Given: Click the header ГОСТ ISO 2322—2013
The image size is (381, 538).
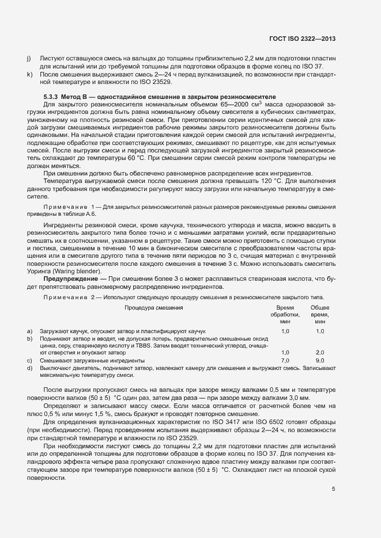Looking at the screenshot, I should pos(302,39).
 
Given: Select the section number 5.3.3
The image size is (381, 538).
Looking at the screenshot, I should pos(53,96).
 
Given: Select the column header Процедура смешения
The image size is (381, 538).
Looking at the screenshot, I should pos(153,308).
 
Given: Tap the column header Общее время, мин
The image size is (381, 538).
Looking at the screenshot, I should pos(320,315).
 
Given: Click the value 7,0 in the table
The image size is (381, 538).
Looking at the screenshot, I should pos(285,360).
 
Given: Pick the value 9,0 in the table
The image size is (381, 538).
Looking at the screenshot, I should pos(320,360).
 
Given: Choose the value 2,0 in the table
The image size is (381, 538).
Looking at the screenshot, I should pos(320,352).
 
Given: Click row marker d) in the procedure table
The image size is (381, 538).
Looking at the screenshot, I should pos(29,367).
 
